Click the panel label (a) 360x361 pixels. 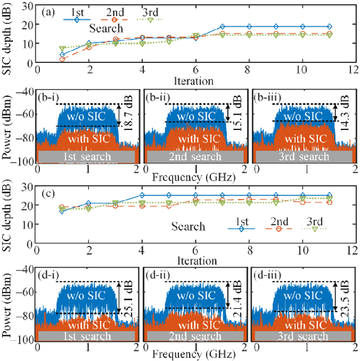48,11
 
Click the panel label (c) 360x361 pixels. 48,194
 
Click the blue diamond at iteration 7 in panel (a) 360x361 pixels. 222,26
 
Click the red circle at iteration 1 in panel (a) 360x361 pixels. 62,59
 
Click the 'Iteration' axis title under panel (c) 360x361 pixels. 195,260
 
